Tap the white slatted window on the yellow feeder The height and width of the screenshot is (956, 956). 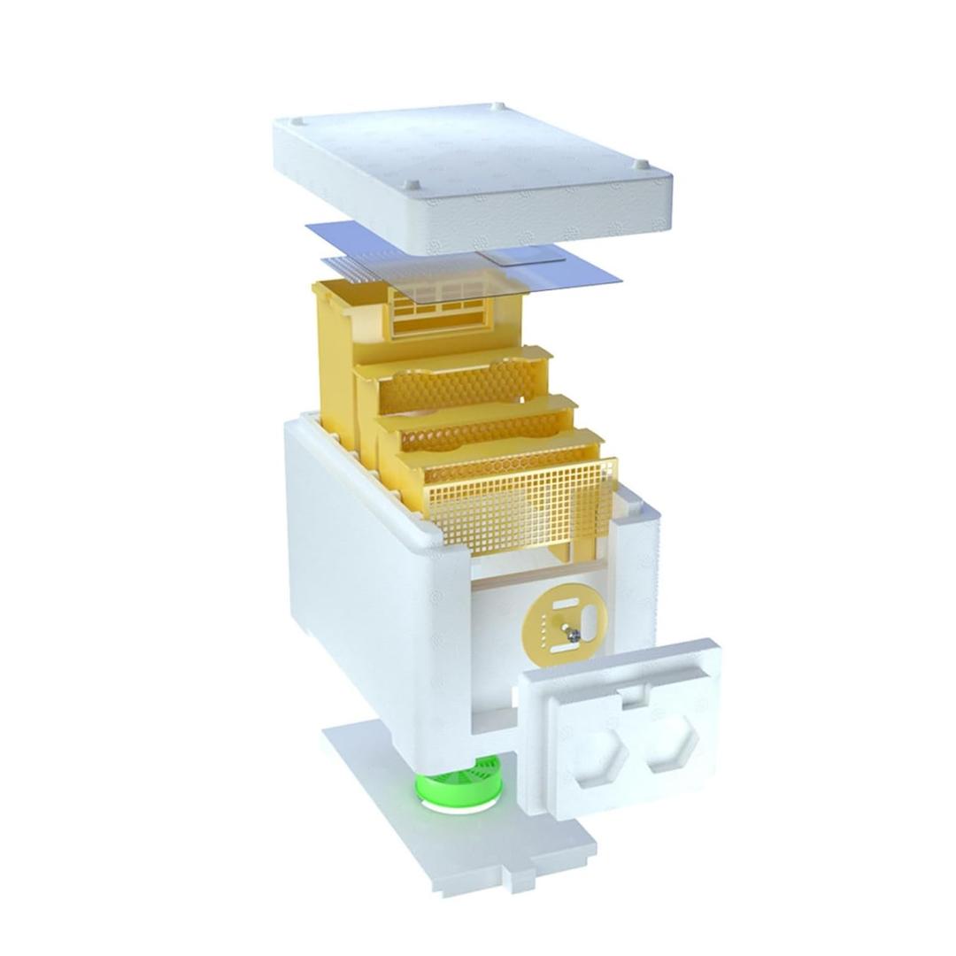click(x=438, y=313)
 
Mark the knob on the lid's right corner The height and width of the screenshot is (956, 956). click(x=643, y=164)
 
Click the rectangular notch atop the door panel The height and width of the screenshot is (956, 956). click(x=635, y=699)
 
